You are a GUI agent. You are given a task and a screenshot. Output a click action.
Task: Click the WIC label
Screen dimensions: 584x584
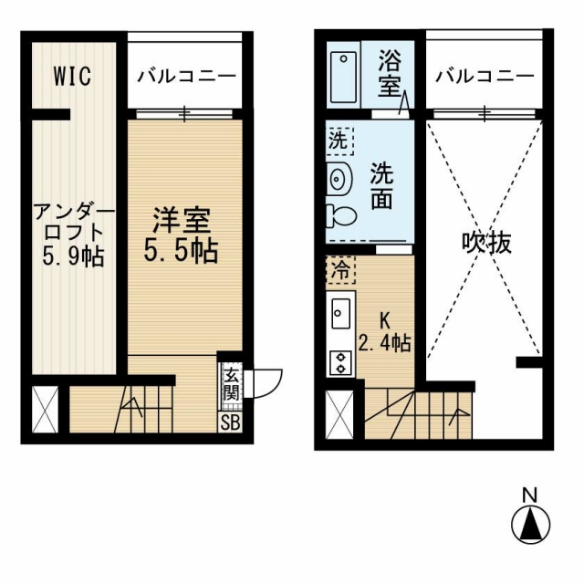72,76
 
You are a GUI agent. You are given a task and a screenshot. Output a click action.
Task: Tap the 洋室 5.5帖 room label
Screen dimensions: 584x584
181,235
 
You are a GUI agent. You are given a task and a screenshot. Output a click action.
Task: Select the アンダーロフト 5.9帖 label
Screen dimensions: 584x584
74,235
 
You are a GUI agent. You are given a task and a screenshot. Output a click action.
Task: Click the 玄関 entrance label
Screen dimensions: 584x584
231,386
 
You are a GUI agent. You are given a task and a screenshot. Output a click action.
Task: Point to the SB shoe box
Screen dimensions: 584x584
230,422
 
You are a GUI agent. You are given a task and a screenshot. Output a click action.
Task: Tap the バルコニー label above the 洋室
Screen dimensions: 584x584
186,77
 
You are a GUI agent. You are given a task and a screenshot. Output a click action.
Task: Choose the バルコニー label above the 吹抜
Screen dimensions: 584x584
485,77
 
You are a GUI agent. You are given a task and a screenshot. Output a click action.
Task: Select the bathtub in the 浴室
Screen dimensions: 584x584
343,77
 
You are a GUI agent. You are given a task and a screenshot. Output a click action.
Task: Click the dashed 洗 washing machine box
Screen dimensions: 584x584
339,141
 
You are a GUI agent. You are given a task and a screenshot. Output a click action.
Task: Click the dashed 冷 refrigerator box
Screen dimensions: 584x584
340,270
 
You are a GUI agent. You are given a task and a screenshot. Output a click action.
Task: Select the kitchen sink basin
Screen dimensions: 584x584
340,313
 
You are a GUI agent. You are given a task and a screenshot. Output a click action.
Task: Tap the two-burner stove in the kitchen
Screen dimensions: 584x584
340,363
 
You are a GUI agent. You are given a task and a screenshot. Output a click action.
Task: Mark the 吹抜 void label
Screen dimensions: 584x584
486,243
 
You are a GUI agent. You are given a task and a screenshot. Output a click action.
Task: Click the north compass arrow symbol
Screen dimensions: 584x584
530,526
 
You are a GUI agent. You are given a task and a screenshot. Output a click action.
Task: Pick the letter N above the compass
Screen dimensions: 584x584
530,495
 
